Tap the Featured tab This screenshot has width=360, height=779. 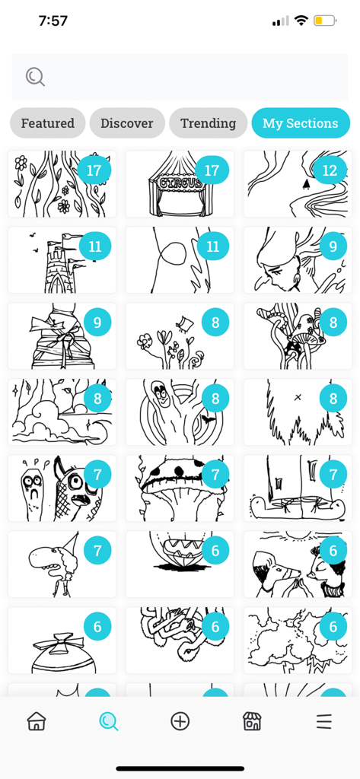pyautogui.click(x=47, y=123)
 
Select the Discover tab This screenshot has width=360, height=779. pyautogui.click(x=127, y=123)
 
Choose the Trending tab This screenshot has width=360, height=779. pyautogui.click(x=208, y=123)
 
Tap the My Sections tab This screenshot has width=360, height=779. pyautogui.click(x=300, y=123)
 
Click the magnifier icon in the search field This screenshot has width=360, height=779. pyautogui.click(x=35, y=77)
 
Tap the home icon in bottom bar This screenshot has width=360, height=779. pyautogui.click(x=36, y=721)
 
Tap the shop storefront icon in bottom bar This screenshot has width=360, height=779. pyautogui.click(x=252, y=721)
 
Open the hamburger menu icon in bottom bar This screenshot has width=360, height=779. pyautogui.click(x=323, y=721)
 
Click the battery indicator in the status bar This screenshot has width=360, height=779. pyautogui.click(x=325, y=21)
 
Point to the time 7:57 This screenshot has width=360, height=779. pyautogui.click(x=53, y=21)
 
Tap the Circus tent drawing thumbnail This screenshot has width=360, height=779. pyautogui.click(x=180, y=184)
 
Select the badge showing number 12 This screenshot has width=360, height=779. pyautogui.click(x=329, y=170)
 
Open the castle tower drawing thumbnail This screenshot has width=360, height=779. pyautogui.click(x=62, y=260)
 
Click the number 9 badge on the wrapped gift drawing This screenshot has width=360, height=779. pyautogui.click(x=97, y=323)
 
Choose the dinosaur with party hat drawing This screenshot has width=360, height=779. pyautogui.click(x=62, y=564)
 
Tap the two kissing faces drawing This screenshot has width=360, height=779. pyautogui.click(x=298, y=564)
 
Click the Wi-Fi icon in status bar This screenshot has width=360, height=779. pyautogui.click(x=302, y=21)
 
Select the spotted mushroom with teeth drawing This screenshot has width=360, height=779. pyautogui.click(x=180, y=488)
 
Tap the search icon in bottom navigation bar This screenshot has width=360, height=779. pyautogui.click(x=108, y=721)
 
